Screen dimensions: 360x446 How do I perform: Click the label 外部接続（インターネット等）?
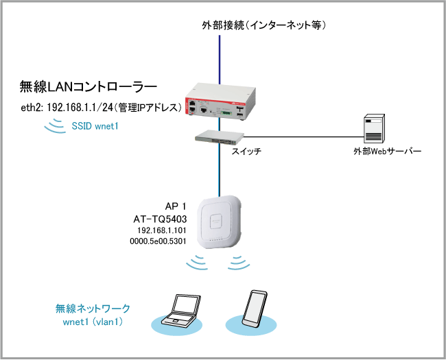[x=263, y=26]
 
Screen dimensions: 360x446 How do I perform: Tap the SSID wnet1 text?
[x=95, y=126]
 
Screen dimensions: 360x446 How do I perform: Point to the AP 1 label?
[x=177, y=206]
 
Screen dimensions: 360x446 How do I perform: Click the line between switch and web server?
[x=302, y=135]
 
